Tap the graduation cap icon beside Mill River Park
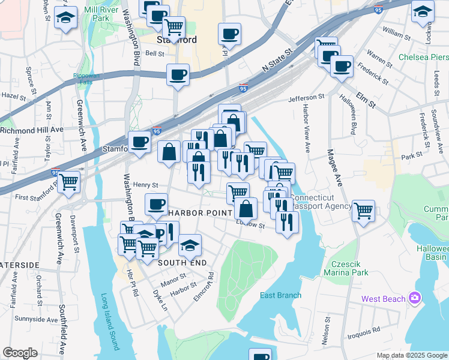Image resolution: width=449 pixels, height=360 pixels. point(65,18)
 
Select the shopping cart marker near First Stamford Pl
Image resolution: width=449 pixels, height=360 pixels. point(69,181)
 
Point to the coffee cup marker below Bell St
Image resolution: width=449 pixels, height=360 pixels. point(178,75)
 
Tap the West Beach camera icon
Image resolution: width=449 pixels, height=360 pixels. point(415,298)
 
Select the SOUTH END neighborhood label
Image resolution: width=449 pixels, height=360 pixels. point(182,263)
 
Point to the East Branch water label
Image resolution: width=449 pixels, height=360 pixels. point(280,295)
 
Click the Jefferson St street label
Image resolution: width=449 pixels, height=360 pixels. point(306,97)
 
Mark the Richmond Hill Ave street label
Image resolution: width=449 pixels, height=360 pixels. point(31,129)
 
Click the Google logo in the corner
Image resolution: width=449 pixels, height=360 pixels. point(20,353)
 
